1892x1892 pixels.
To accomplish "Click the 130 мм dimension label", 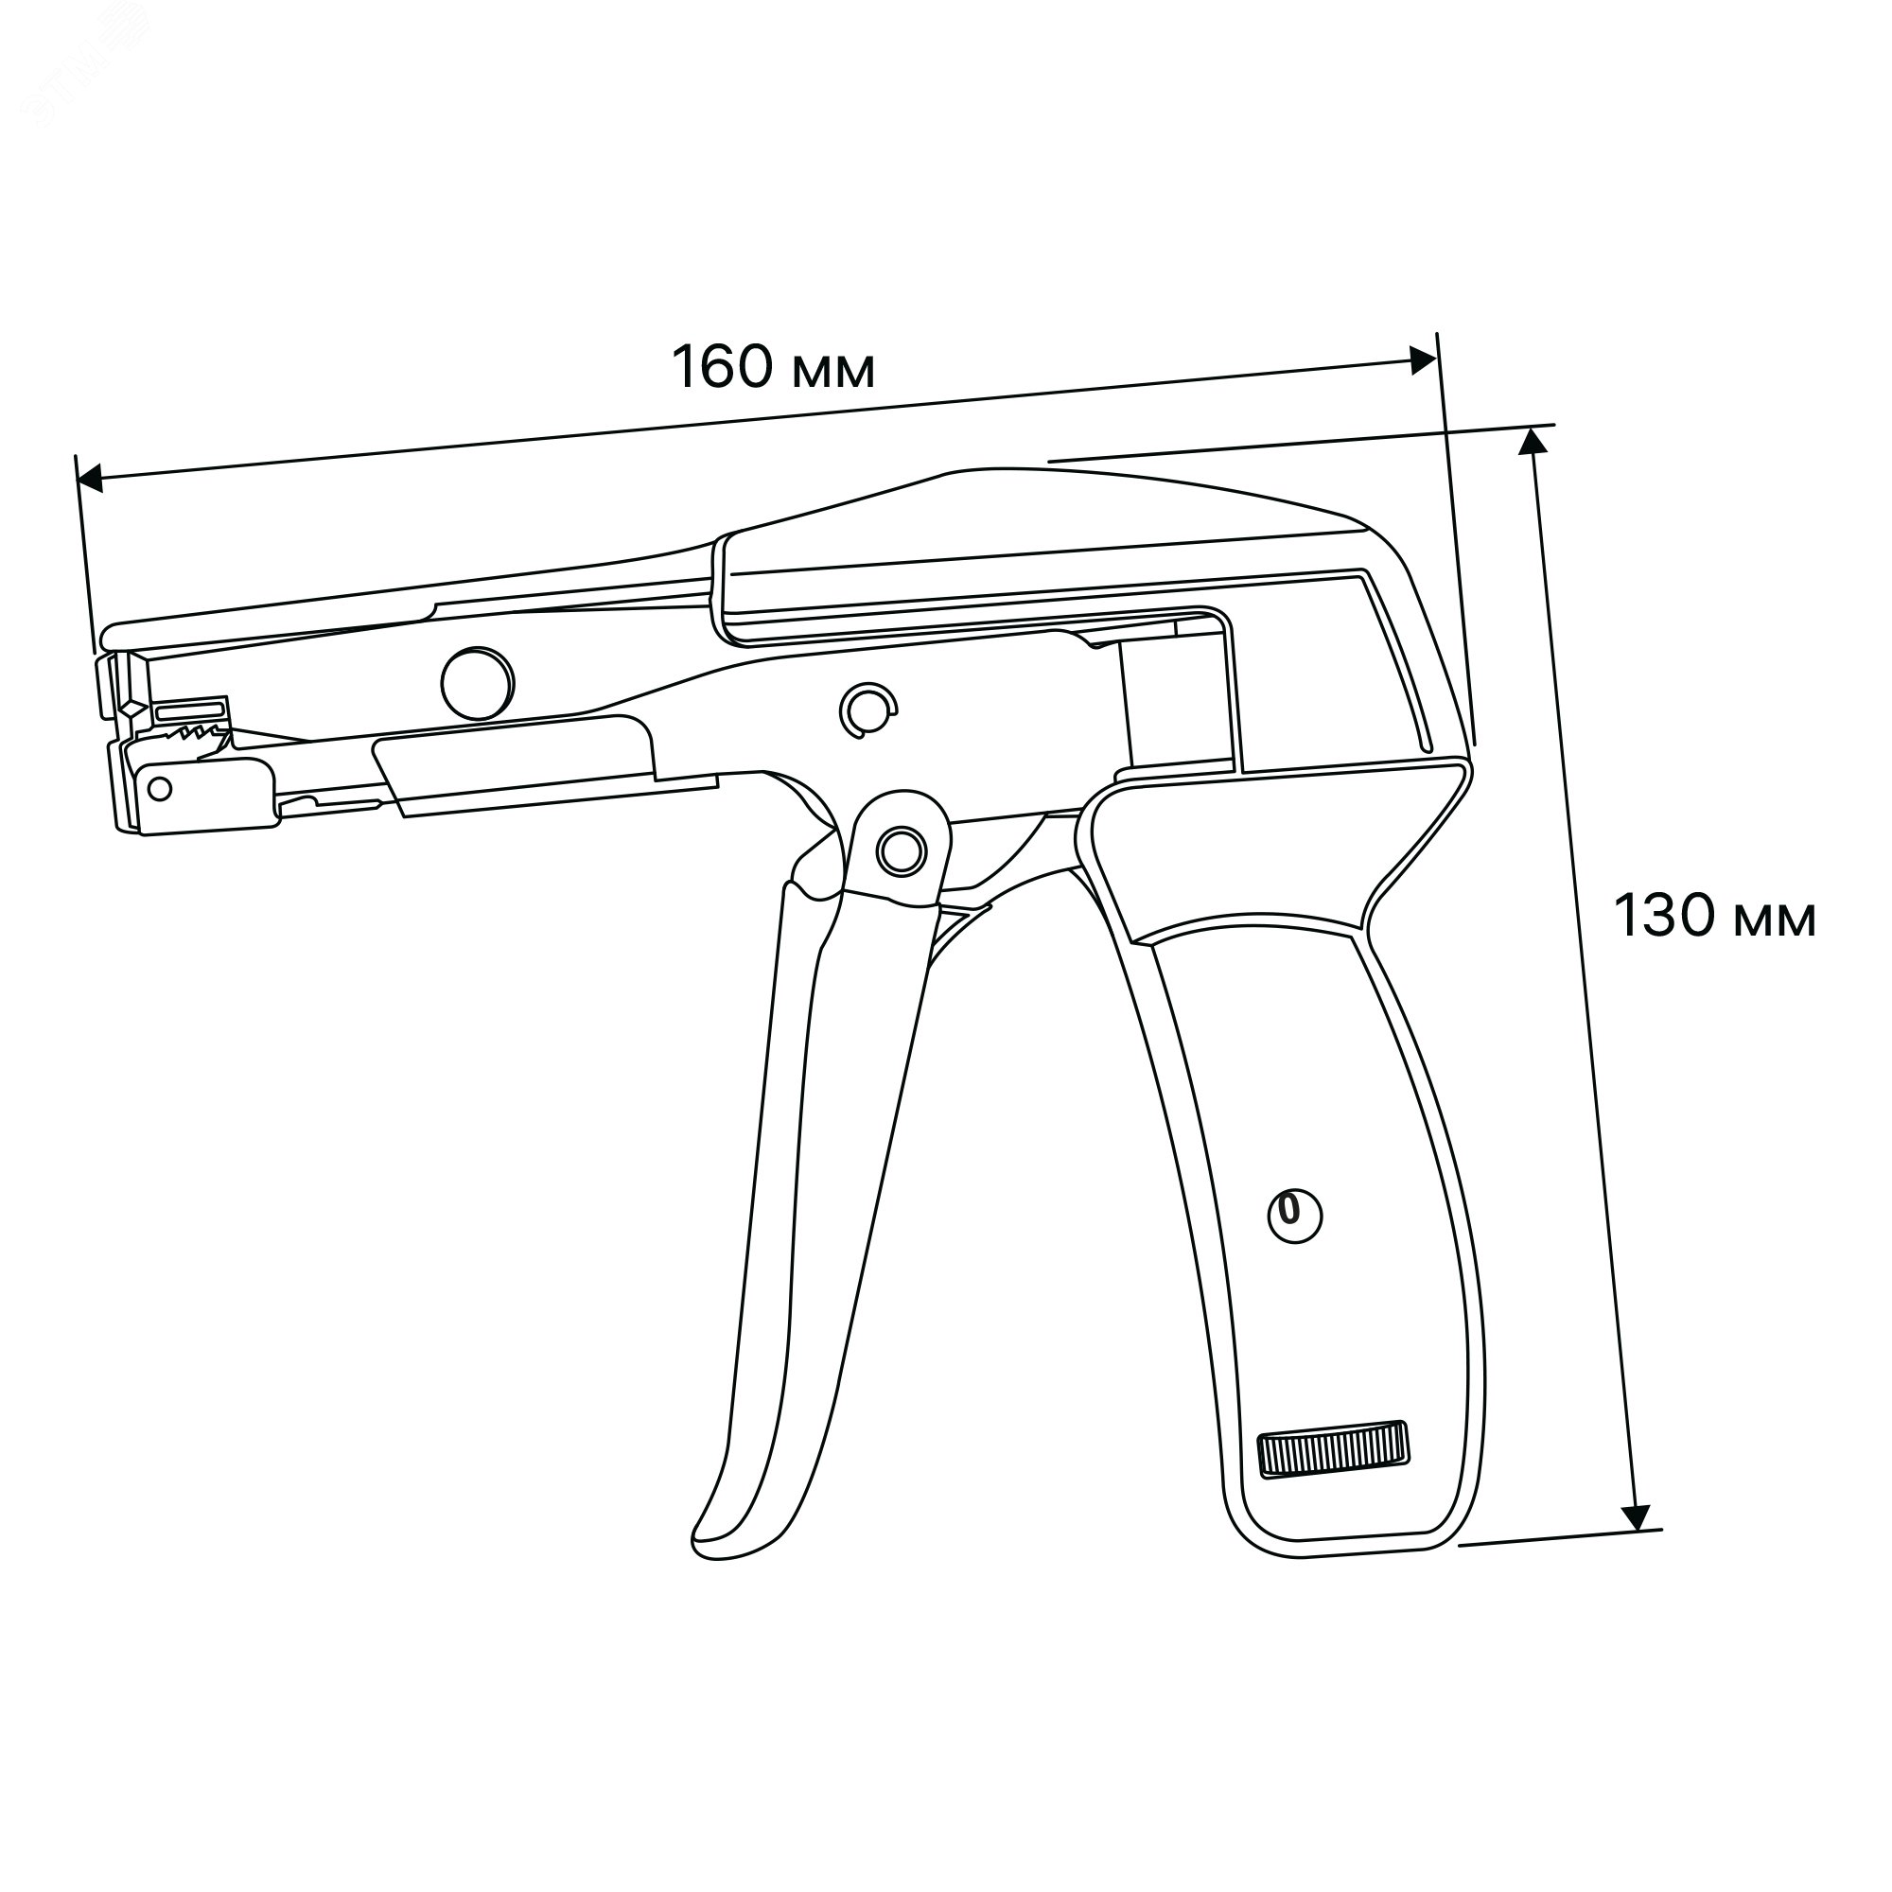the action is (1715, 917).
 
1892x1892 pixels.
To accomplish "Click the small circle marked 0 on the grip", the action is (1295, 1216).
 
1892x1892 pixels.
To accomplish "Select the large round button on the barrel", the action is (478, 684).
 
